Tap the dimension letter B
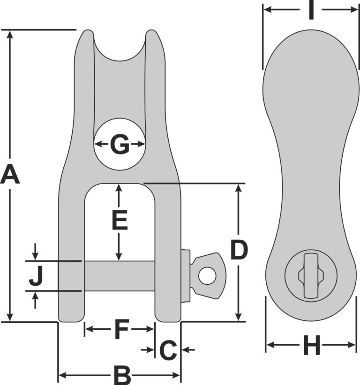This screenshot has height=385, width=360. coord(122,375)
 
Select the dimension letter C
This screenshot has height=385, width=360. coord(168,350)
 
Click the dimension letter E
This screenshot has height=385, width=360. coord(120,220)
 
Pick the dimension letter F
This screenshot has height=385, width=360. coord(121,329)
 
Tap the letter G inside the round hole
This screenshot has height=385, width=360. coord(120,144)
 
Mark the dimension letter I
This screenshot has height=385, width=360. coord(311,10)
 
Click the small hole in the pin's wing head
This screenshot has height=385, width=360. coord(207,275)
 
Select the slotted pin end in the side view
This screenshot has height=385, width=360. coord(311,275)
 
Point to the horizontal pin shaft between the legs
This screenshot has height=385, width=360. coord(120,275)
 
